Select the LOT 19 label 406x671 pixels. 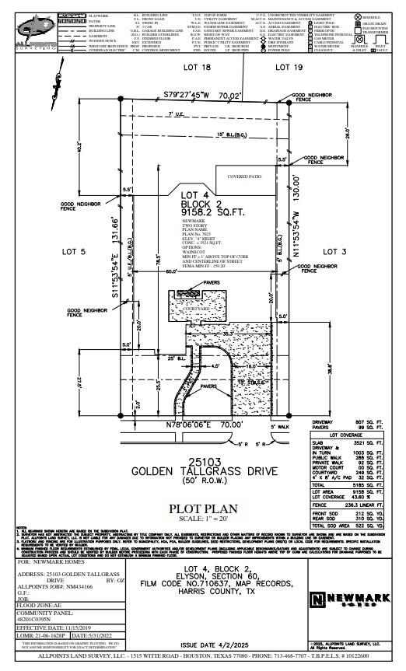[x=288, y=68]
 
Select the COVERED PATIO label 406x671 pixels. [x=243, y=176]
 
